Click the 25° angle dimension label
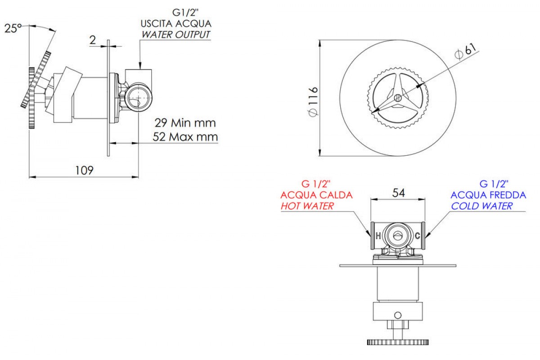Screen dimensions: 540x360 tap(13, 28)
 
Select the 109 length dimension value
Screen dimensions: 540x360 tap(84, 171)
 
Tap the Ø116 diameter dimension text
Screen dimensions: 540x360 tap(313, 101)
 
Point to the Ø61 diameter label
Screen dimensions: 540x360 tap(465, 52)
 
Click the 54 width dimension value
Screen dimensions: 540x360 tap(399, 193)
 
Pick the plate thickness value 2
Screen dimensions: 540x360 tap(93, 40)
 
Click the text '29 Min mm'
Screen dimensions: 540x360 tap(185, 123)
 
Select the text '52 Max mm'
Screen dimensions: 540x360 tap(185, 137)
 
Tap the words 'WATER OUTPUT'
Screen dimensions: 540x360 tap(176, 35)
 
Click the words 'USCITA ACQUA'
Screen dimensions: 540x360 tap(176, 24)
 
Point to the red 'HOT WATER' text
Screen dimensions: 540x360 tap(307, 206)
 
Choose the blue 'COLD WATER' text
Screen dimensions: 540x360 tap(481, 206)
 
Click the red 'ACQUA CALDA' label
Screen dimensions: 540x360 tap(316, 195)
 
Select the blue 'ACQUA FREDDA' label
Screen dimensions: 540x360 tap(488, 195)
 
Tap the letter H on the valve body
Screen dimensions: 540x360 tap(378, 236)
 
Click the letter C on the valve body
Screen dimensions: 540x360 tap(418, 236)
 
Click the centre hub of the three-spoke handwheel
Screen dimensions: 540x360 tap(398, 98)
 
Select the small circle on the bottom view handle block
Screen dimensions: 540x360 tap(398, 315)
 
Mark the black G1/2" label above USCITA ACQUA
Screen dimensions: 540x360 tap(185, 13)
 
